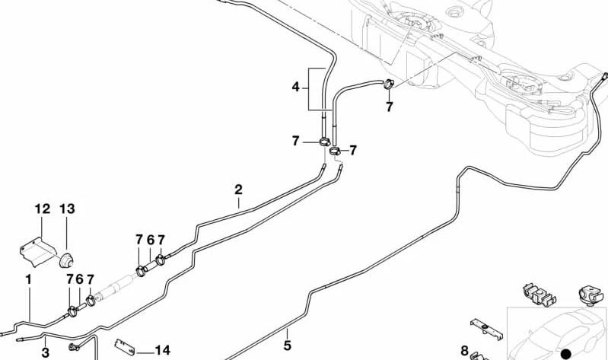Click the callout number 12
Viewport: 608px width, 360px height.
[x=43, y=209]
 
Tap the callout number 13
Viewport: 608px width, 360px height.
[x=67, y=209]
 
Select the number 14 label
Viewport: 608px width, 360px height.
[x=163, y=350]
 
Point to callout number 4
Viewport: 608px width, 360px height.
[x=295, y=88]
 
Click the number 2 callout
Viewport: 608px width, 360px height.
[x=238, y=190]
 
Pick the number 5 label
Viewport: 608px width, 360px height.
[x=287, y=345]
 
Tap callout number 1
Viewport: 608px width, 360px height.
[x=28, y=279]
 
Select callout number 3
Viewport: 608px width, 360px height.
[x=46, y=352]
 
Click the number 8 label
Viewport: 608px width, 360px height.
[x=464, y=351]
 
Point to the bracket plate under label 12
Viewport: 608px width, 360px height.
[x=37, y=251]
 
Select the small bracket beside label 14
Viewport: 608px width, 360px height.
[x=125, y=346]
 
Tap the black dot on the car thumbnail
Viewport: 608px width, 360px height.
[x=566, y=353]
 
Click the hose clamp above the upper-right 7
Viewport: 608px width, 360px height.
[x=389, y=83]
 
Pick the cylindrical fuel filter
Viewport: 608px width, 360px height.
[x=114, y=287]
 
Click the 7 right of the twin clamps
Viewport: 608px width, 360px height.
[x=352, y=150]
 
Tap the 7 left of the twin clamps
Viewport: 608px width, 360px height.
[x=295, y=142]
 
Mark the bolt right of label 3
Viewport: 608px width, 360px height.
[x=74, y=347]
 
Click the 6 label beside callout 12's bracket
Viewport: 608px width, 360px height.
[x=79, y=279]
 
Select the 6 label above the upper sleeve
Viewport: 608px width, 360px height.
[x=151, y=241]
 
